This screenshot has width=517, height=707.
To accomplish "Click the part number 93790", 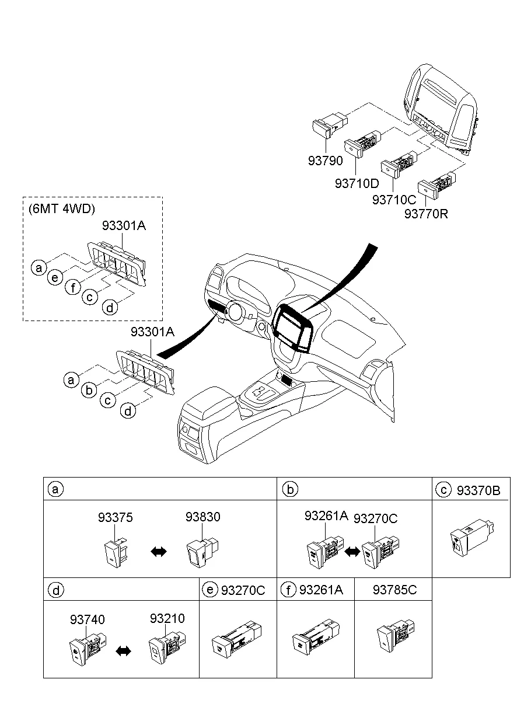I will [326, 161].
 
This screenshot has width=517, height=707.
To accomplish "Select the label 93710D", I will [357, 183].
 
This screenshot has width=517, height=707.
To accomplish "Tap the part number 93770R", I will [426, 214].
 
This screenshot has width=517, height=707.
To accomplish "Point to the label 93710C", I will [394, 200].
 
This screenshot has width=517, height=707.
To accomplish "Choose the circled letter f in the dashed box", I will [73, 287].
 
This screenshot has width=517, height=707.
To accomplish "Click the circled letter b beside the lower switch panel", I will [89, 389].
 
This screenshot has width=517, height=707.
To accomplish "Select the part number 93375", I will [115, 517].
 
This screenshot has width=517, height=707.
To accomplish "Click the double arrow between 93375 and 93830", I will [158, 552].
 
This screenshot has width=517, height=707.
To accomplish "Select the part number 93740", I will [88, 619].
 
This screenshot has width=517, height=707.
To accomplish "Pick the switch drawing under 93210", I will [165, 647].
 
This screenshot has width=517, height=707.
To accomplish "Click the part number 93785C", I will [394, 590].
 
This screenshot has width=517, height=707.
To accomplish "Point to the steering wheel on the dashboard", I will [236, 313].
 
